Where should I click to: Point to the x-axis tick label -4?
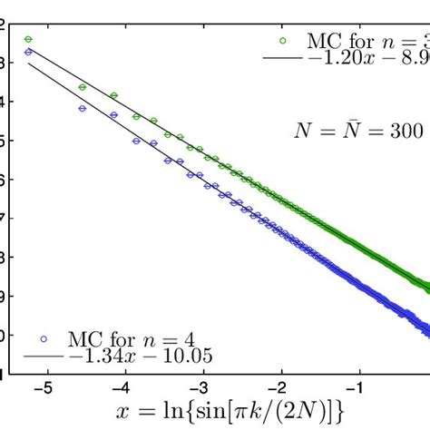point(120,386)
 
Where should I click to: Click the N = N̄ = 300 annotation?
point(358,130)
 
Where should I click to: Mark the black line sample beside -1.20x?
point(282,58)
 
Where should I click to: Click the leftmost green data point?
point(28,39)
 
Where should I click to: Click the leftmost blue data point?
point(28,53)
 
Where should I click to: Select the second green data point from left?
point(83,87)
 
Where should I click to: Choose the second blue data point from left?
point(83,108)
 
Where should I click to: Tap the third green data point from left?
point(113,95)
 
